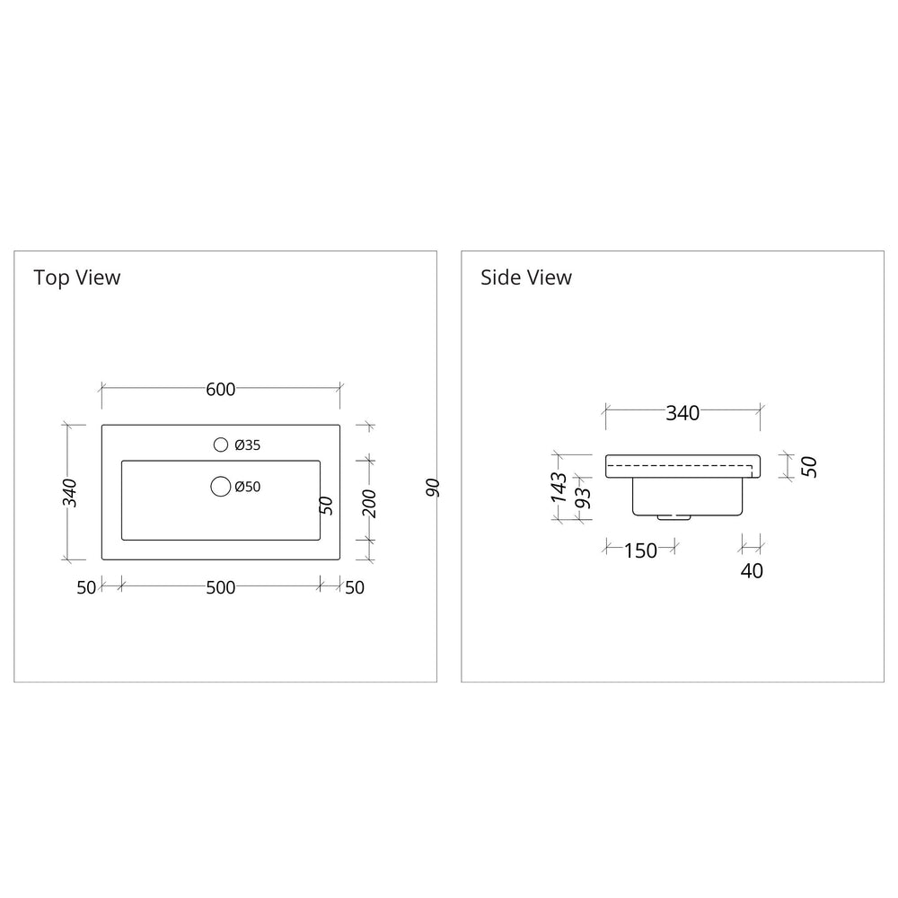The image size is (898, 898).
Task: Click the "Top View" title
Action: pyautogui.click(x=76, y=277)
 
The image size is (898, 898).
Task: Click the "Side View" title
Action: pyautogui.click(x=525, y=277)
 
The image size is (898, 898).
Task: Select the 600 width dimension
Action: pyautogui.click(x=220, y=389)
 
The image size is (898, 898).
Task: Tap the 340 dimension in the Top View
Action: pyautogui.click(x=70, y=493)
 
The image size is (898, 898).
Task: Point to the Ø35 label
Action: pyautogui.click(x=247, y=445)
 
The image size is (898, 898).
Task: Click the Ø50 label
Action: pyautogui.click(x=247, y=487)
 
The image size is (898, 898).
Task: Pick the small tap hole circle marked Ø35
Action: pyautogui.click(x=220, y=445)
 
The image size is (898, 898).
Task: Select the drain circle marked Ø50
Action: pyautogui.click(x=220, y=487)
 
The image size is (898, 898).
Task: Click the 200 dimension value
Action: pyautogui.click(x=368, y=504)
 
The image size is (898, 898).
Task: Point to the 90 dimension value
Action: pyautogui.click(x=432, y=488)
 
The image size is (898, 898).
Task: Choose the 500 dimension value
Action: pyautogui.click(x=220, y=587)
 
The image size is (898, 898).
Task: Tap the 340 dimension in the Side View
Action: pyautogui.click(x=682, y=413)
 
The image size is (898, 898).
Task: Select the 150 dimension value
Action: pyautogui.click(x=640, y=550)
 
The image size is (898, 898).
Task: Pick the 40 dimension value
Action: pyautogui.click(x=752, y=570)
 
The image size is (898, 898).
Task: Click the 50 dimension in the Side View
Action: pyautogui.click(x=809, y=466)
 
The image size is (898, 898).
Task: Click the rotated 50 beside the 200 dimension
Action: pyautogui.click(x=327, y=504)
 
